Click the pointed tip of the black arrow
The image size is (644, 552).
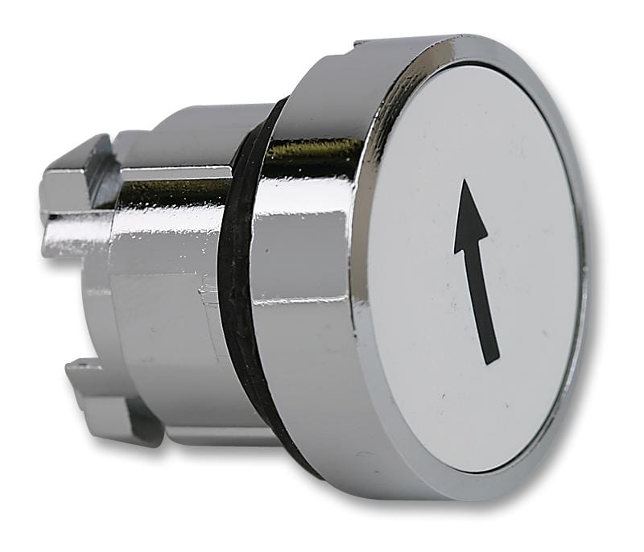pyautogui.click(x=465, y=181)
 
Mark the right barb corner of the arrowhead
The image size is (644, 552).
pyautogui.click(x=488, y=234)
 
